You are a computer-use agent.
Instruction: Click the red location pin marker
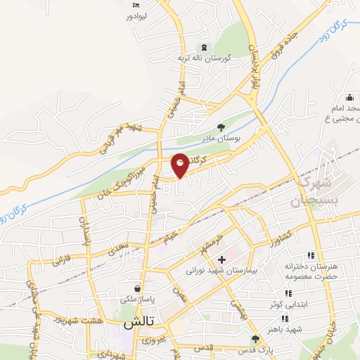coord(180,165)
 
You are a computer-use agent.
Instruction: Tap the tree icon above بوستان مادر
coord(221,127)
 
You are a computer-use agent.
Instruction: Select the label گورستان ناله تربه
coord(184,58)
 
